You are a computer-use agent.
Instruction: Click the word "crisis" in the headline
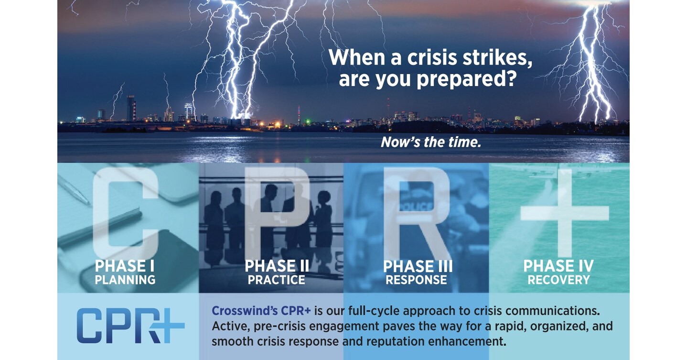coord(435,58)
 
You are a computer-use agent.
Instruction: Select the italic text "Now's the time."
coord(430,142)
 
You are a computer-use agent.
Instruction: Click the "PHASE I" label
coord(125,266)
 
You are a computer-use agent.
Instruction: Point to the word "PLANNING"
coord(125,280)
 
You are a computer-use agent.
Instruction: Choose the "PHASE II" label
coord(277,266)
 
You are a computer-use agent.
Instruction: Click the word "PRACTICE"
coord(277,280)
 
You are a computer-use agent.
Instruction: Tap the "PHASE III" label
coord(418,266)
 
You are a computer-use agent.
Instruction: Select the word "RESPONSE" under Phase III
coord(416,280)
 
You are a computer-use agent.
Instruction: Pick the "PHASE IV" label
coord(558,266)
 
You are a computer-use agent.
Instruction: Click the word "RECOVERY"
coord(558,280)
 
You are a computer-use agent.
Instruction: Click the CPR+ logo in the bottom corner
coord(130,327)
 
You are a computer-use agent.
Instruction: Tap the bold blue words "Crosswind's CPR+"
coord(261,311)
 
